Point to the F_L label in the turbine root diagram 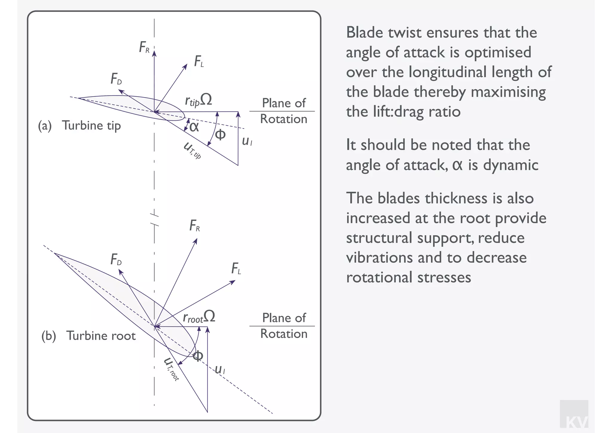(x=236, y=269)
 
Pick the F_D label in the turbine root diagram (x=116, y=260)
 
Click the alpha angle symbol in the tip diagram (x=194, y=127)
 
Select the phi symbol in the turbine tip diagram (x=220, y=135)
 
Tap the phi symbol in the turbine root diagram (x=198, y=356)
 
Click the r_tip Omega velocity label (x=198, y=100)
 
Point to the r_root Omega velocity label (x=199, y=317)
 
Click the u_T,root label (x=172, y=369)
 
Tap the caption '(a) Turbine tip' (x=79, y=126)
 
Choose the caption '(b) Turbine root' (x=88, y=336)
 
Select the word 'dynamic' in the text (x=511, y=165)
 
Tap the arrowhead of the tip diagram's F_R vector (x=154, y=53)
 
